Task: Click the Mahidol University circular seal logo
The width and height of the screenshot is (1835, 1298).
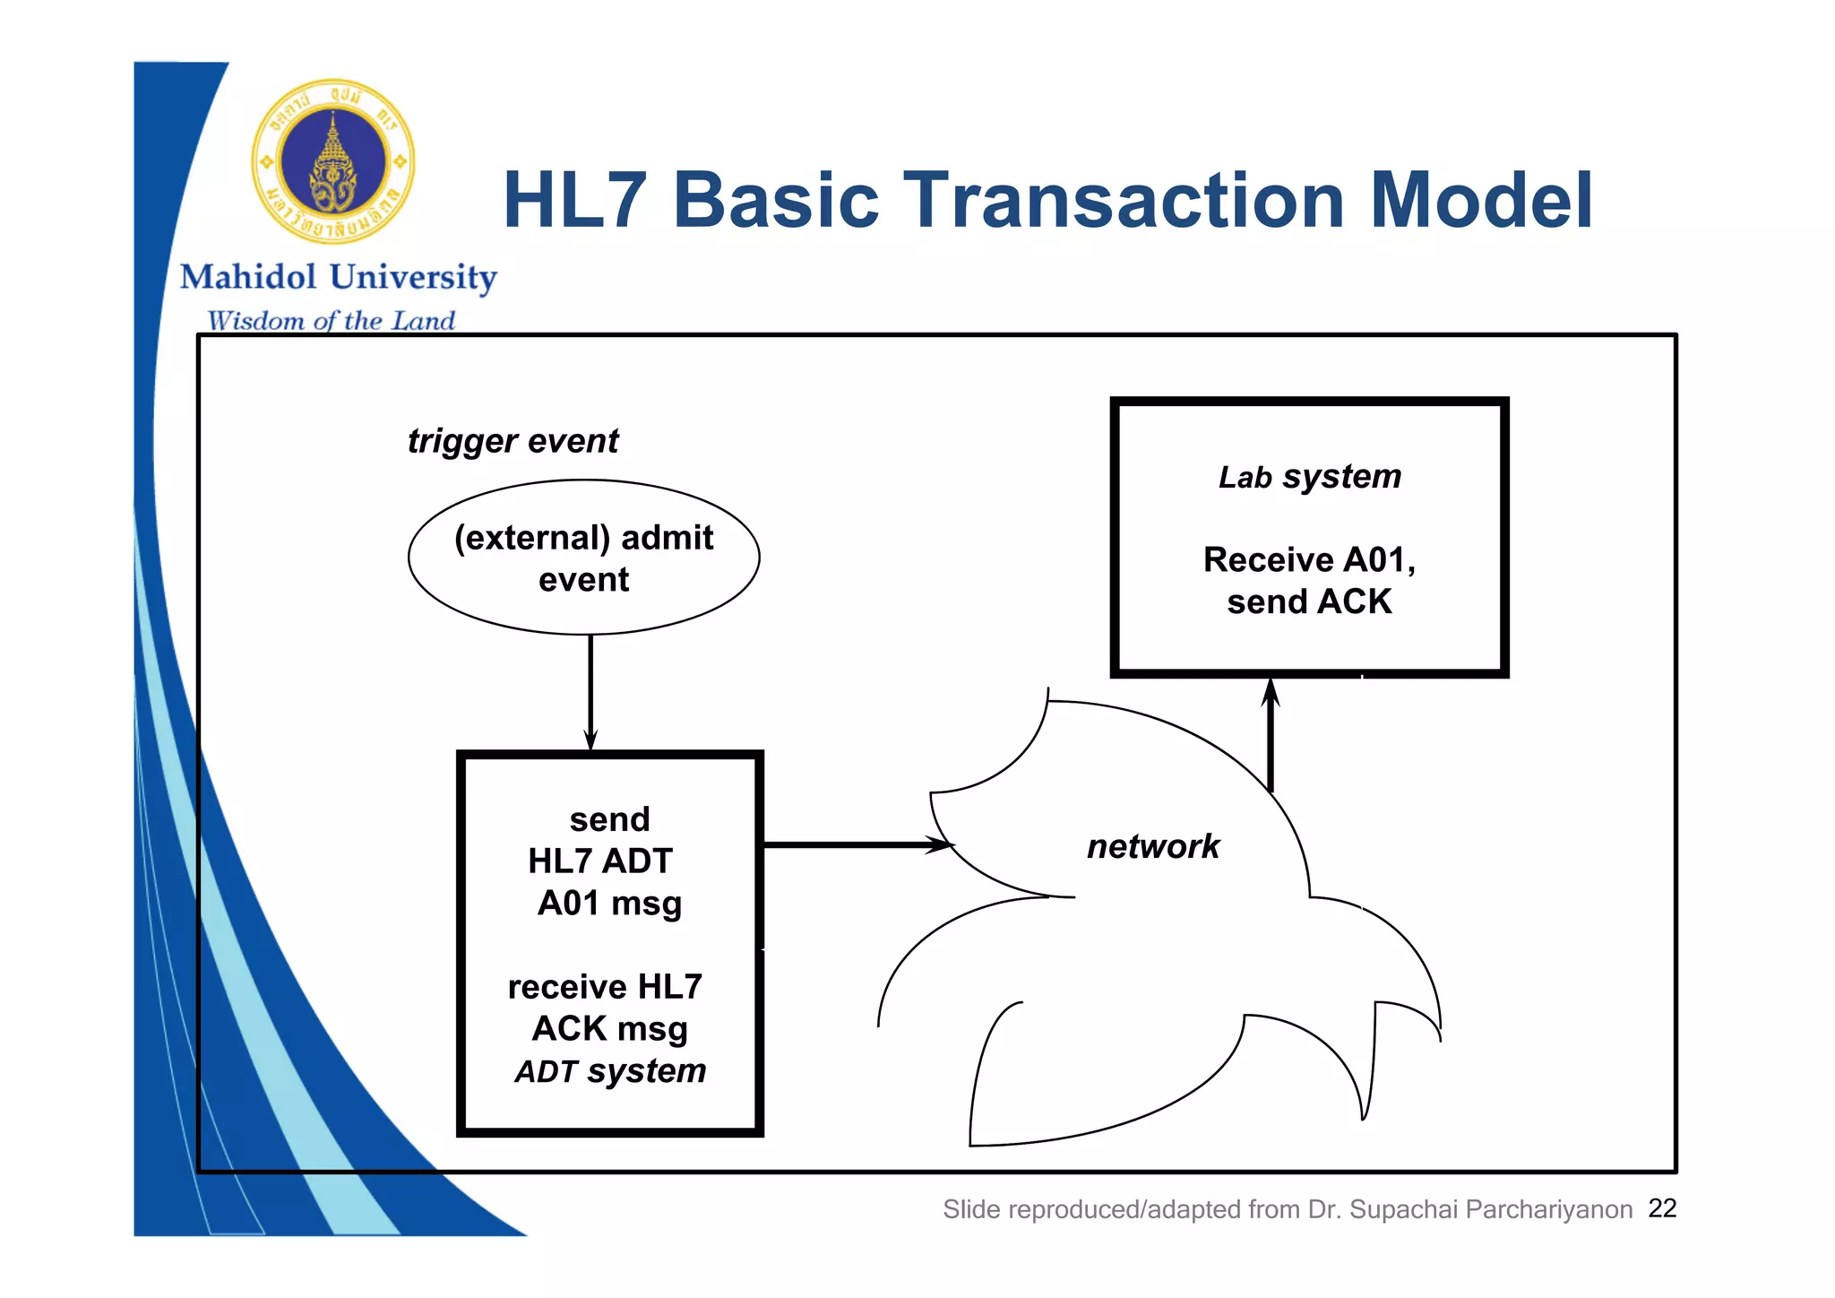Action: [333, 162]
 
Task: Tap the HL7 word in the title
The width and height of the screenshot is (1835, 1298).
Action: [574, 201]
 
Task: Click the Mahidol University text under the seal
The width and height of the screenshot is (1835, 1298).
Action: [339, 277]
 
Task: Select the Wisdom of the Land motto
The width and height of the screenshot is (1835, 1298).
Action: [331, 321]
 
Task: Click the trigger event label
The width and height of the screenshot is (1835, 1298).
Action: [513, 441]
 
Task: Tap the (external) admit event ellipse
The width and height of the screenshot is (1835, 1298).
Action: [583, 558]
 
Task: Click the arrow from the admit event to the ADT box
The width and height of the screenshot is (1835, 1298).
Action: [590, 690]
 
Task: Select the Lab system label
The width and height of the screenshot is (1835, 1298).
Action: [1309, 477]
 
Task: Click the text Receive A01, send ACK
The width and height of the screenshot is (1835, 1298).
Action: [1309, 580]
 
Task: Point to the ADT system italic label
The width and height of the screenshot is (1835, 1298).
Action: [610, 1071]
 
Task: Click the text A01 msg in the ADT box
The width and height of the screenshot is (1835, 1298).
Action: [609, 904]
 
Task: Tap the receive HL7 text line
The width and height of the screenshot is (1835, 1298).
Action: [605, 987]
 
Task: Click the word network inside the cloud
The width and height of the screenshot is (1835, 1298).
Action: [1152, 846]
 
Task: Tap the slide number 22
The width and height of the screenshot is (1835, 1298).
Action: [1662, 1208]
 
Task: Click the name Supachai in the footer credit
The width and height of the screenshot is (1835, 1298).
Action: [1403, 1210]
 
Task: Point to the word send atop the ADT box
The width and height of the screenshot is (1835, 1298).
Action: [609, 819]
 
